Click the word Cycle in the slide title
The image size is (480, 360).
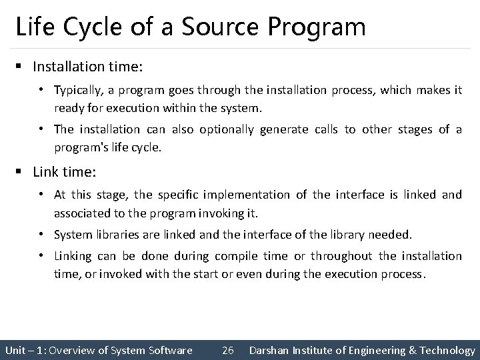(87, 27)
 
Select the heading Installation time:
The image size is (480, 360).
(87, 67)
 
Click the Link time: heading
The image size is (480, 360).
(64, 172)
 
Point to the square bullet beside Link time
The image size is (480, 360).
(21, 172)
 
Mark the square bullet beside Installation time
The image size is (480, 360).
(21, 67)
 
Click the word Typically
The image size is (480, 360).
(77, 89)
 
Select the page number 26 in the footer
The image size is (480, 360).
(227, 350)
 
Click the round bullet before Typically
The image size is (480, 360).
(41, 89)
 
